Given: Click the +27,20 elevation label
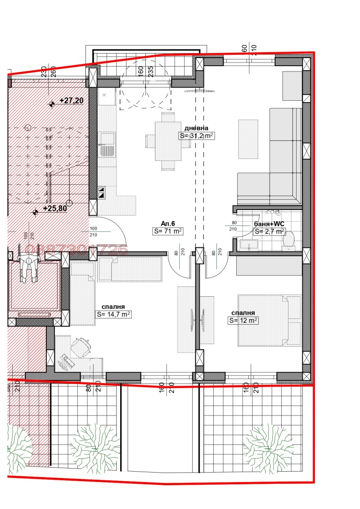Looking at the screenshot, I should click(71, 101).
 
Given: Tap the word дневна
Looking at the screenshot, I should click(196, 128).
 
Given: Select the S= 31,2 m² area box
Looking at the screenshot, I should click(196, 136).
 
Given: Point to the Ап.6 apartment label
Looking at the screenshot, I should click(168, 223).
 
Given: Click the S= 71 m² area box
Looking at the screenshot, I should click(167, 232).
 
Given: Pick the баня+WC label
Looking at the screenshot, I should click(269, 223).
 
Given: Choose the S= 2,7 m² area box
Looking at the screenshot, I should click(269, 232).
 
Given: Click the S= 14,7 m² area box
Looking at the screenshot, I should click(113, 315).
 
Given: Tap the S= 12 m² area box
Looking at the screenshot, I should click(243, 321).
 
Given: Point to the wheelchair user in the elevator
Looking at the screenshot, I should click(28, 268).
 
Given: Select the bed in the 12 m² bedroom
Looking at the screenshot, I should click(269, 320).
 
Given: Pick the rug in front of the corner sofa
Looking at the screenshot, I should click(248, 139).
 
